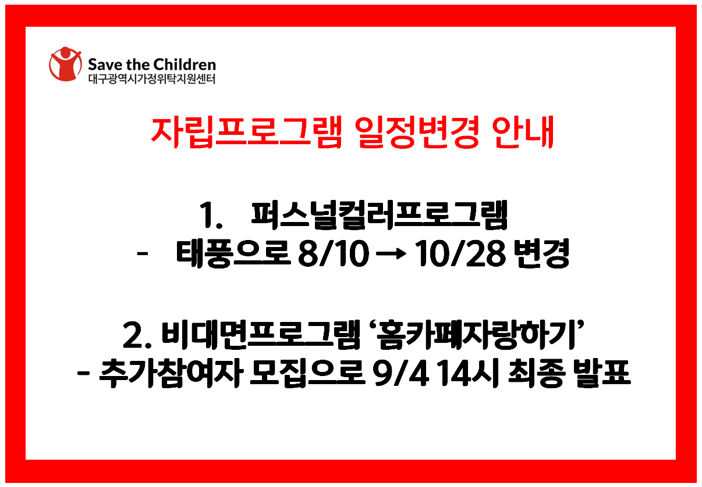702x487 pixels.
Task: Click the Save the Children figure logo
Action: pyautogui.click(x=65, y=64)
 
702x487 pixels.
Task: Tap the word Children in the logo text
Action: pyautogui.click(x=185, y=65)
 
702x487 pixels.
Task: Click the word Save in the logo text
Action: pyautogui.click(x=105, y=65)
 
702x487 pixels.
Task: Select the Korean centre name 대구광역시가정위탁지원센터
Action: pyautogui.click(x=152, y=79)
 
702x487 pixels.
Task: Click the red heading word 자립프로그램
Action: pyautogui.click(x=246, y=132)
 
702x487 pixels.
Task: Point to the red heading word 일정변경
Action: pyautogui.click(x=417, y=132)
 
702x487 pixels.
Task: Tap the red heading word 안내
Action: pyautogui.click(x=523, y=132)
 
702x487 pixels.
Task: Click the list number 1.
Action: pyautogui.click(x=210, y=215)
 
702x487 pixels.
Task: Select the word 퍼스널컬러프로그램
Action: pyautogui.click(x=379, y=215)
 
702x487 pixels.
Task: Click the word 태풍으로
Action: pyautogui.click(x=233, y=253)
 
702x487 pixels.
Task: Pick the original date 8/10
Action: pyautogui.click(x=333, y=253)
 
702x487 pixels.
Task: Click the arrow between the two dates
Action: pyautogui.click(x=391, y=254)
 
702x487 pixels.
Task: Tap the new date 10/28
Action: pyautogui.click(x=460, y=253)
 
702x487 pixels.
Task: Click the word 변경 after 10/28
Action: pyautogui.click(x=541, y=253)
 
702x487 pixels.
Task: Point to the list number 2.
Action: pyautogui.click(x=137, y=335)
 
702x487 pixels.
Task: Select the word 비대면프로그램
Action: pyautogui.click(x=261, y=335)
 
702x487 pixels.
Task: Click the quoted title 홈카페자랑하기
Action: pyautogui.click(x=476, y=335)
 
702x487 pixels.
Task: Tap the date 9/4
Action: pyautogui.click(x=400, y=374)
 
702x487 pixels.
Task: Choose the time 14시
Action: pyautogui.click(x=468, y=374)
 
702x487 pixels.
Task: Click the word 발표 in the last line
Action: pyautogui.click(x=602, y=374)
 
